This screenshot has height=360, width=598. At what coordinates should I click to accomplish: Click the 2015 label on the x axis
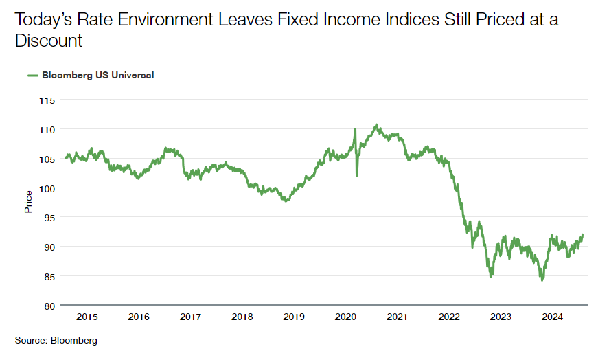tap(87, 317)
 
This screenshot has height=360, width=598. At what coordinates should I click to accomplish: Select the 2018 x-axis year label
tap(242, 317)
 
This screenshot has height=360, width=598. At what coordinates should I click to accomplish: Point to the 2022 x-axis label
tap(449, 317)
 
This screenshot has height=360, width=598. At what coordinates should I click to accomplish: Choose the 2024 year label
tap(552, 317)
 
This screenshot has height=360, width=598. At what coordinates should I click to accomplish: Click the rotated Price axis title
tap(29, 202)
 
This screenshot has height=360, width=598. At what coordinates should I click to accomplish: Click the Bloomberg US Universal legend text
tap(98, 76)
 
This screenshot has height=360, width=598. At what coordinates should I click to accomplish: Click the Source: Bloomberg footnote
tap(56, 340)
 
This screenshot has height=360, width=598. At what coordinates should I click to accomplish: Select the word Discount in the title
tap(49, 41)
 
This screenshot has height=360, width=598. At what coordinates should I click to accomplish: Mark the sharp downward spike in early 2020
tap(356, 176)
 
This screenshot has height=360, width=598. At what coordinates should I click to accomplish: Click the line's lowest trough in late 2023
tap(542, 280)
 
